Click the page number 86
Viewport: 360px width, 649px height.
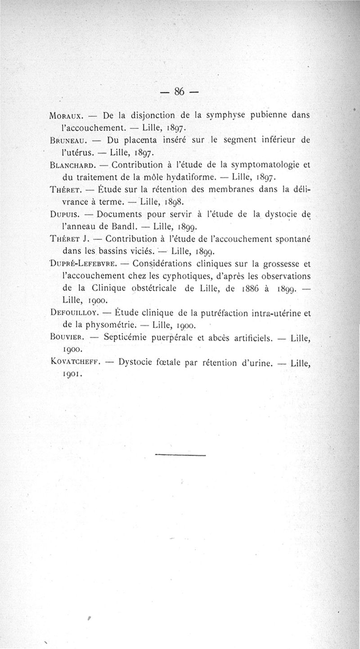[x=180, y=91]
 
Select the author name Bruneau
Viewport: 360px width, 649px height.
[x=67, y=140]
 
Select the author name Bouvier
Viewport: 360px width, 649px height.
[x=67, y=336]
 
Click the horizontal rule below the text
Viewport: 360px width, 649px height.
[x=180, y=456]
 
